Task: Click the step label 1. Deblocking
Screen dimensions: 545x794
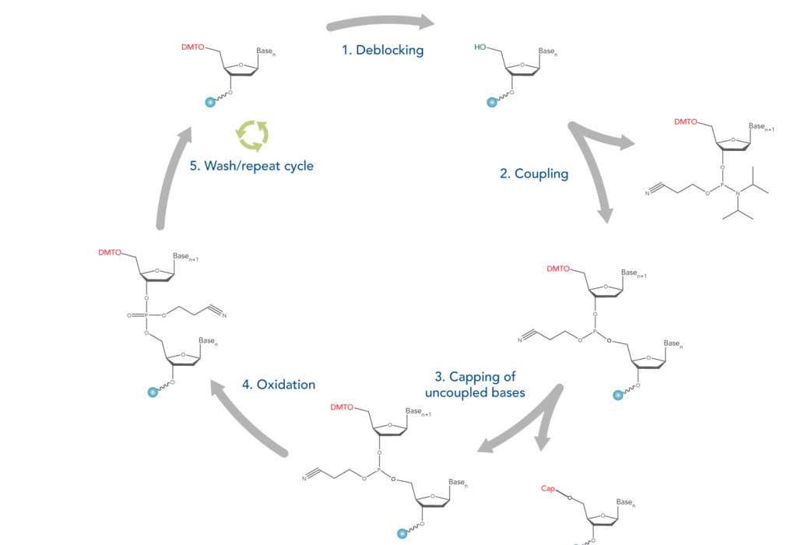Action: [383, 50]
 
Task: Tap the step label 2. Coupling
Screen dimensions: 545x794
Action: [534, 174]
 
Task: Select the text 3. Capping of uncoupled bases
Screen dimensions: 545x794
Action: [475, 385]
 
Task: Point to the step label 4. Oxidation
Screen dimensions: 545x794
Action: [278, 384]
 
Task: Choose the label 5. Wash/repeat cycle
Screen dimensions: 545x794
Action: [252, 166]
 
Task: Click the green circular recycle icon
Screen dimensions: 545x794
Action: [252, 134]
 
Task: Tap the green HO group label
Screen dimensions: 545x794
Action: [481, 47]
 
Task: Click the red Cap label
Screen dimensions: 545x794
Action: [547, 489]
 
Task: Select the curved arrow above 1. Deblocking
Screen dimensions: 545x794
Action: [381, 21]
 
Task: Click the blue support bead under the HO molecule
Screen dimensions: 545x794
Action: [491, 102]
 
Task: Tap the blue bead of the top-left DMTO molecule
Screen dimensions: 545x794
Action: [209, 102]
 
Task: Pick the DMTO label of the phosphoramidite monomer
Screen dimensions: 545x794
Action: [686, 121]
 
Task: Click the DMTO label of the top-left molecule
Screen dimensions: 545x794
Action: [192, 47]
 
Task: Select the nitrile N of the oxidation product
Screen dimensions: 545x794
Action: [223, 315]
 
